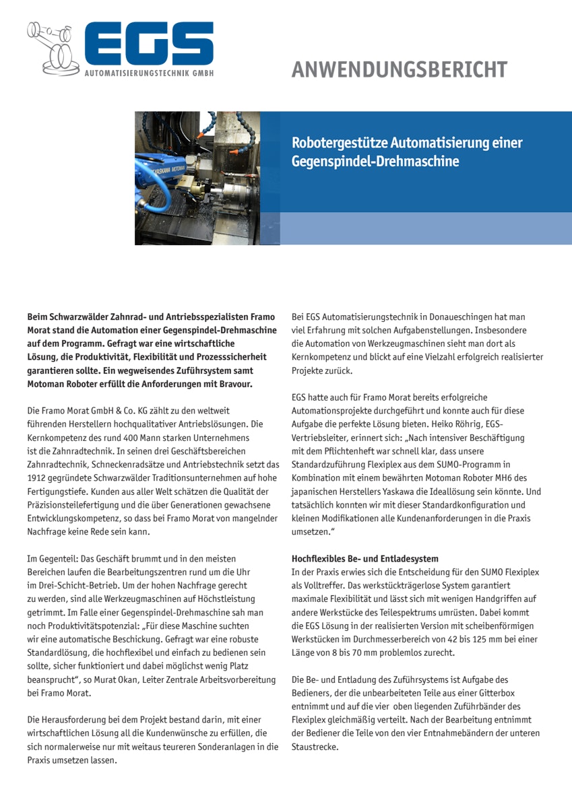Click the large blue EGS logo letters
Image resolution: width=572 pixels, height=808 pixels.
coord(148,44)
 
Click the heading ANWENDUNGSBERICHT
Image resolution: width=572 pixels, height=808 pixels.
coord(400,69)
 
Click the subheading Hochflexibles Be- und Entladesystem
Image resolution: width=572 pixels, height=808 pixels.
coord(364,559)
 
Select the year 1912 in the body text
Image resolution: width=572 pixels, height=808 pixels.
coord(37,477)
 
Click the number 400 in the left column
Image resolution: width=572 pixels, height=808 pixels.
coord(115,437)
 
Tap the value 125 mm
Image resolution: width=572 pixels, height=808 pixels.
coord(466,640)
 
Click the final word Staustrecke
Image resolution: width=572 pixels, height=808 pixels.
coord(314,747)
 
